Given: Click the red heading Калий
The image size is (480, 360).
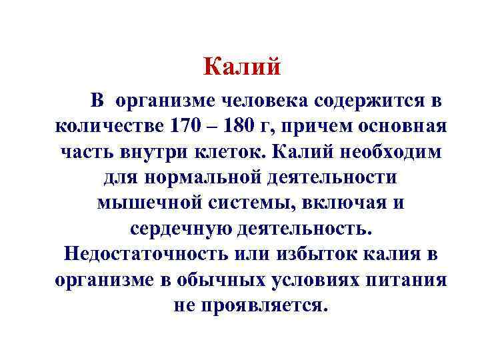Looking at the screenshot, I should click(x=243, y=67).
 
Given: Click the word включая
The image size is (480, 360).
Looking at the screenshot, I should click(x=353, y=203).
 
